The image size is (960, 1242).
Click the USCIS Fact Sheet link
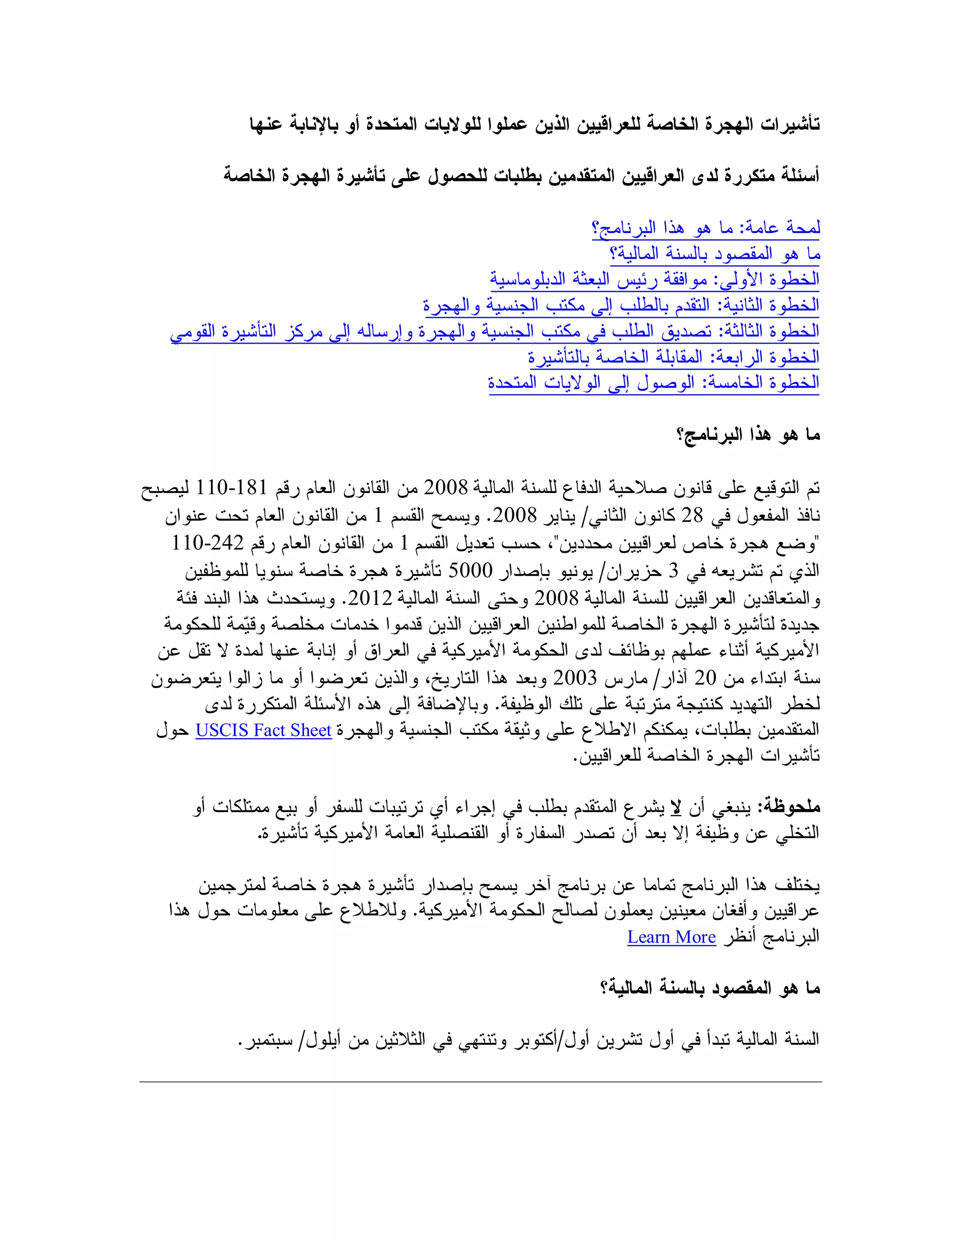(x=263, y=730)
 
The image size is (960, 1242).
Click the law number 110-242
(x=208, y=543)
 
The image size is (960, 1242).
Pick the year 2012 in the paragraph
(x=370, y=598)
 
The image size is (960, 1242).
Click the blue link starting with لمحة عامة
(x=706, y=228)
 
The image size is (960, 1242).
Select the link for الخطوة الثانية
(x=621, y=306)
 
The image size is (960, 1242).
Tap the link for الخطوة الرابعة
(x=674, y=357)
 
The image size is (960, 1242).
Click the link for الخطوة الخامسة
(x=653, y=383)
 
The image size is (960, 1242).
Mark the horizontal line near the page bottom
(x=480, y=1082)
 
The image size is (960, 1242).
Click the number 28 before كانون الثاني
(x=692, y=515)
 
